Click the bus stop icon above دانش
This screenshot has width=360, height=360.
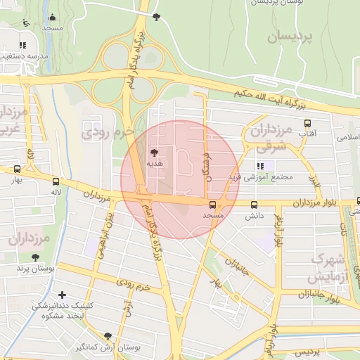[x=254, y=205]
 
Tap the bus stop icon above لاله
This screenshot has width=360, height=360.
[x=56, y=181]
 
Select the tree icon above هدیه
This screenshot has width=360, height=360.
[x=154, y=151]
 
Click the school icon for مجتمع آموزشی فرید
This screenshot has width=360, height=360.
[x=260, y=167]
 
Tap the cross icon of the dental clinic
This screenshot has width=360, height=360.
[x=63, y=295]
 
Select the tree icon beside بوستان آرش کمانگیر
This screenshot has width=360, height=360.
[x=107, y=337]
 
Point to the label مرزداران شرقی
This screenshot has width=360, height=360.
[x=271, y=138]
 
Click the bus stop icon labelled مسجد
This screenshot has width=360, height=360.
[x=212, y=205]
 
